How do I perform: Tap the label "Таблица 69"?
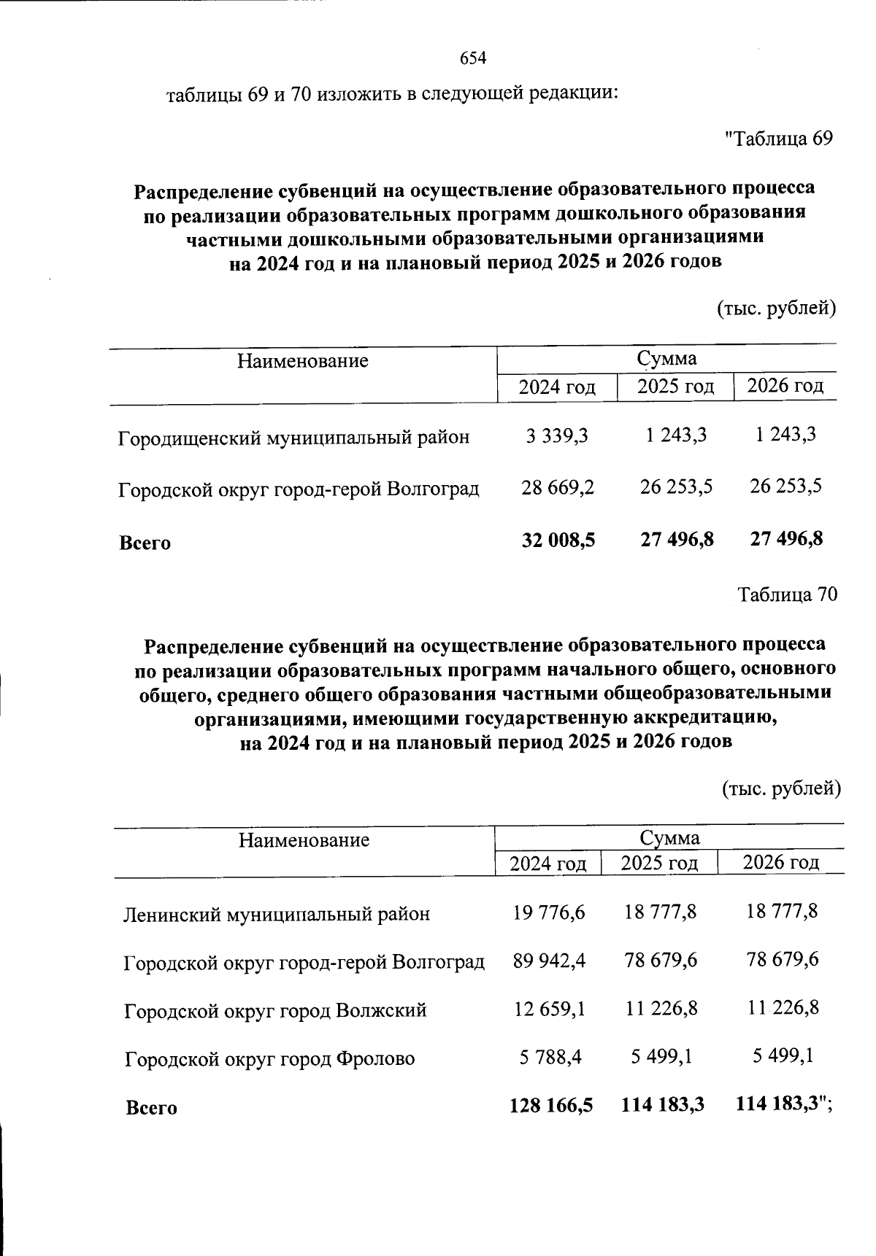click(x=778, y=139)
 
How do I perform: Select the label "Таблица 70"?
click(x=788, y=595)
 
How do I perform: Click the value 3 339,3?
click(x=557, y=436)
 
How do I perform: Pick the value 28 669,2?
click(x=558, y=487)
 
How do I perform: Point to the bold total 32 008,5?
click(x=558, y=540)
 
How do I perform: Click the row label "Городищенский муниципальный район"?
click(x=293, y=438)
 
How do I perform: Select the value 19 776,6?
click(x=549, y=912)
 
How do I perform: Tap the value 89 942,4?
click(x=549, y=961)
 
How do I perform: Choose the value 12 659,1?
click(x=549, y=1009)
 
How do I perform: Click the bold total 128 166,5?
click(x=550, y=1106)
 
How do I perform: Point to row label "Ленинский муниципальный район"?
click(x=277, y=914)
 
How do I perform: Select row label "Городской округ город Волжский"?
click(x=275, y=1012)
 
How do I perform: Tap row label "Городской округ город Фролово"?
click(x=269, y=1059)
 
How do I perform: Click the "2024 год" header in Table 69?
click(x=557, y=387)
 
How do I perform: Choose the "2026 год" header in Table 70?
click(x=780, y=863)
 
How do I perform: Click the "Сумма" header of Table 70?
click(x=669, y=838)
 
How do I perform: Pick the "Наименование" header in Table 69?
click(x=302, y=361)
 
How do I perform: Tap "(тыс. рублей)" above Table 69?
click(x=776, y=309)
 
